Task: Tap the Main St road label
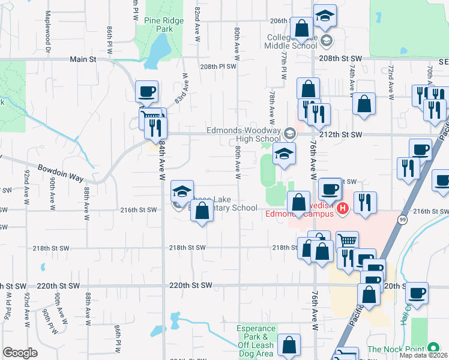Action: point(83,59)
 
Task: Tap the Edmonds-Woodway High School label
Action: point(243,134)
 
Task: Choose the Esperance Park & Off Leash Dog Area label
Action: point(256,341)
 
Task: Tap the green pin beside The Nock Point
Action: point(433,348)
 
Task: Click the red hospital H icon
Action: point(342,209)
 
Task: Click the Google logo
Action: point(20,353)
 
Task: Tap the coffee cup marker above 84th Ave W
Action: point(147,92)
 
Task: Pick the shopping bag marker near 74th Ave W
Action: point(364,104)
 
